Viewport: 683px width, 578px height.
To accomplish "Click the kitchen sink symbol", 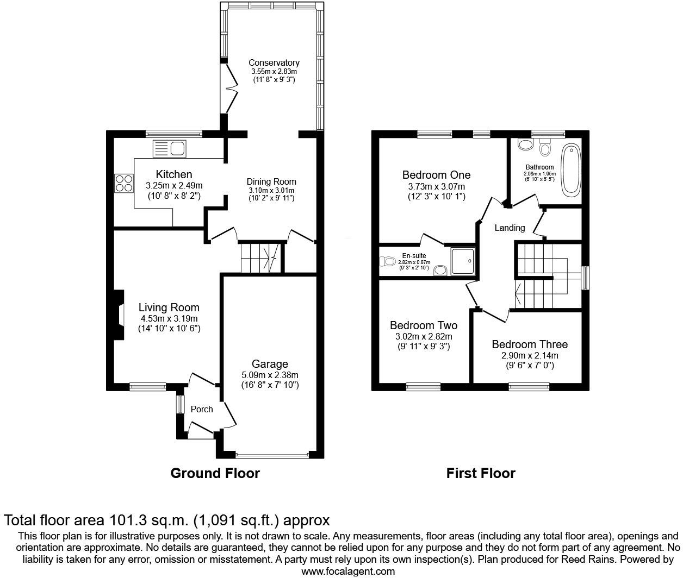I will pos(170,148).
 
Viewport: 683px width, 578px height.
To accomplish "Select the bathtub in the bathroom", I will pos(571,170).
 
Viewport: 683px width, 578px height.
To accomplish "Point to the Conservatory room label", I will pos(274,63).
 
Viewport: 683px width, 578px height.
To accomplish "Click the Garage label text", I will pos(270,364).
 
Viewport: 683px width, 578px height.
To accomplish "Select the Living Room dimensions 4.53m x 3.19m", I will pos(169,319).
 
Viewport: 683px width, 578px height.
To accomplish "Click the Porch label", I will pos(202,409).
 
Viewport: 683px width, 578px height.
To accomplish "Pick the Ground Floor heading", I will pos(215,473).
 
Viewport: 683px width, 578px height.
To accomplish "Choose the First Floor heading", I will pos(481,473).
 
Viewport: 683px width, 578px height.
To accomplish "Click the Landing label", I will pos(510,228).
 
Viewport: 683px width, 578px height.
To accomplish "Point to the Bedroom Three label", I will pos(530,344).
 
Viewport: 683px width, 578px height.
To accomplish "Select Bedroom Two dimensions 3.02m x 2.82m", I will pos(424,337).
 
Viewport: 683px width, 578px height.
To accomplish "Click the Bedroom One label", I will pos(436,175).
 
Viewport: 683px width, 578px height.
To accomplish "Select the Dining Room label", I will pos(272,182).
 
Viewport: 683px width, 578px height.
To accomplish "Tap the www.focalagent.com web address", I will pos(348,571).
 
